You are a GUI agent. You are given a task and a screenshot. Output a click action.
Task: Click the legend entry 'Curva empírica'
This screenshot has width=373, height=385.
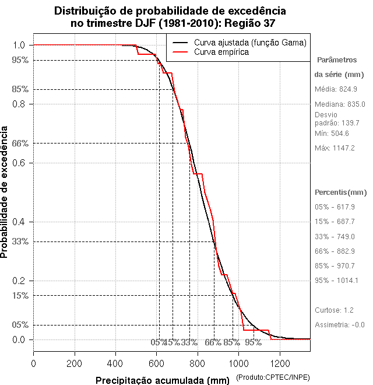click(221, 52)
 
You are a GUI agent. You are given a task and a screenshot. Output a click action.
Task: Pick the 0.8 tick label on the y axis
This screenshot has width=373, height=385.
click(18, 104)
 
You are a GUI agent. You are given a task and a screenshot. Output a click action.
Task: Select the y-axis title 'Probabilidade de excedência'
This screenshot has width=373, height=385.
click(5, 192)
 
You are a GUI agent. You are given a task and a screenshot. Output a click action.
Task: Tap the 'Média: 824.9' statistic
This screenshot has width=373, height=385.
click(336, 89)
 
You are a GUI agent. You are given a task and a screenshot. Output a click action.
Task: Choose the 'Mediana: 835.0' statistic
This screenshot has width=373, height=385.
click(340, 104)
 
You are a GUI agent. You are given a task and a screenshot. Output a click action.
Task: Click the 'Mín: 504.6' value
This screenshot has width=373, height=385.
click(332, 134)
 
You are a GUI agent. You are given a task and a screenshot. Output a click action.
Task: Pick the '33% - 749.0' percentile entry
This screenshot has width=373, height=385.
click(335, 237)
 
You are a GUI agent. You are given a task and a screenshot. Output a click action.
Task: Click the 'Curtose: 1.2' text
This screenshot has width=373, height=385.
click(334, 310)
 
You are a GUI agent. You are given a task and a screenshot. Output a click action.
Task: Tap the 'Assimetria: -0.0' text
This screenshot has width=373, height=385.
click(339, 325)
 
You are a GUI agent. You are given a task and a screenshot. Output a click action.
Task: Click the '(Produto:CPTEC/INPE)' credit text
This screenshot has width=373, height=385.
click(273, 378)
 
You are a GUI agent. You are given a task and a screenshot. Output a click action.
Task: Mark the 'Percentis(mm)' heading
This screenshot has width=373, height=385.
click(341, 192)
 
